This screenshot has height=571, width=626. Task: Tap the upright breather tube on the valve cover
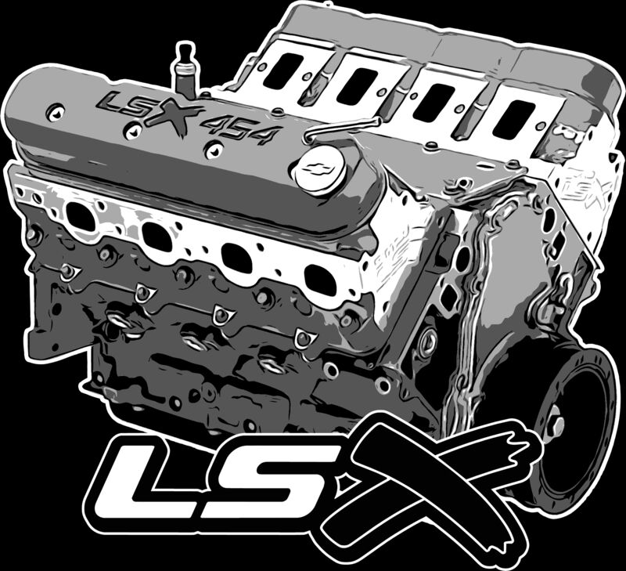[x=184, y=70]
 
